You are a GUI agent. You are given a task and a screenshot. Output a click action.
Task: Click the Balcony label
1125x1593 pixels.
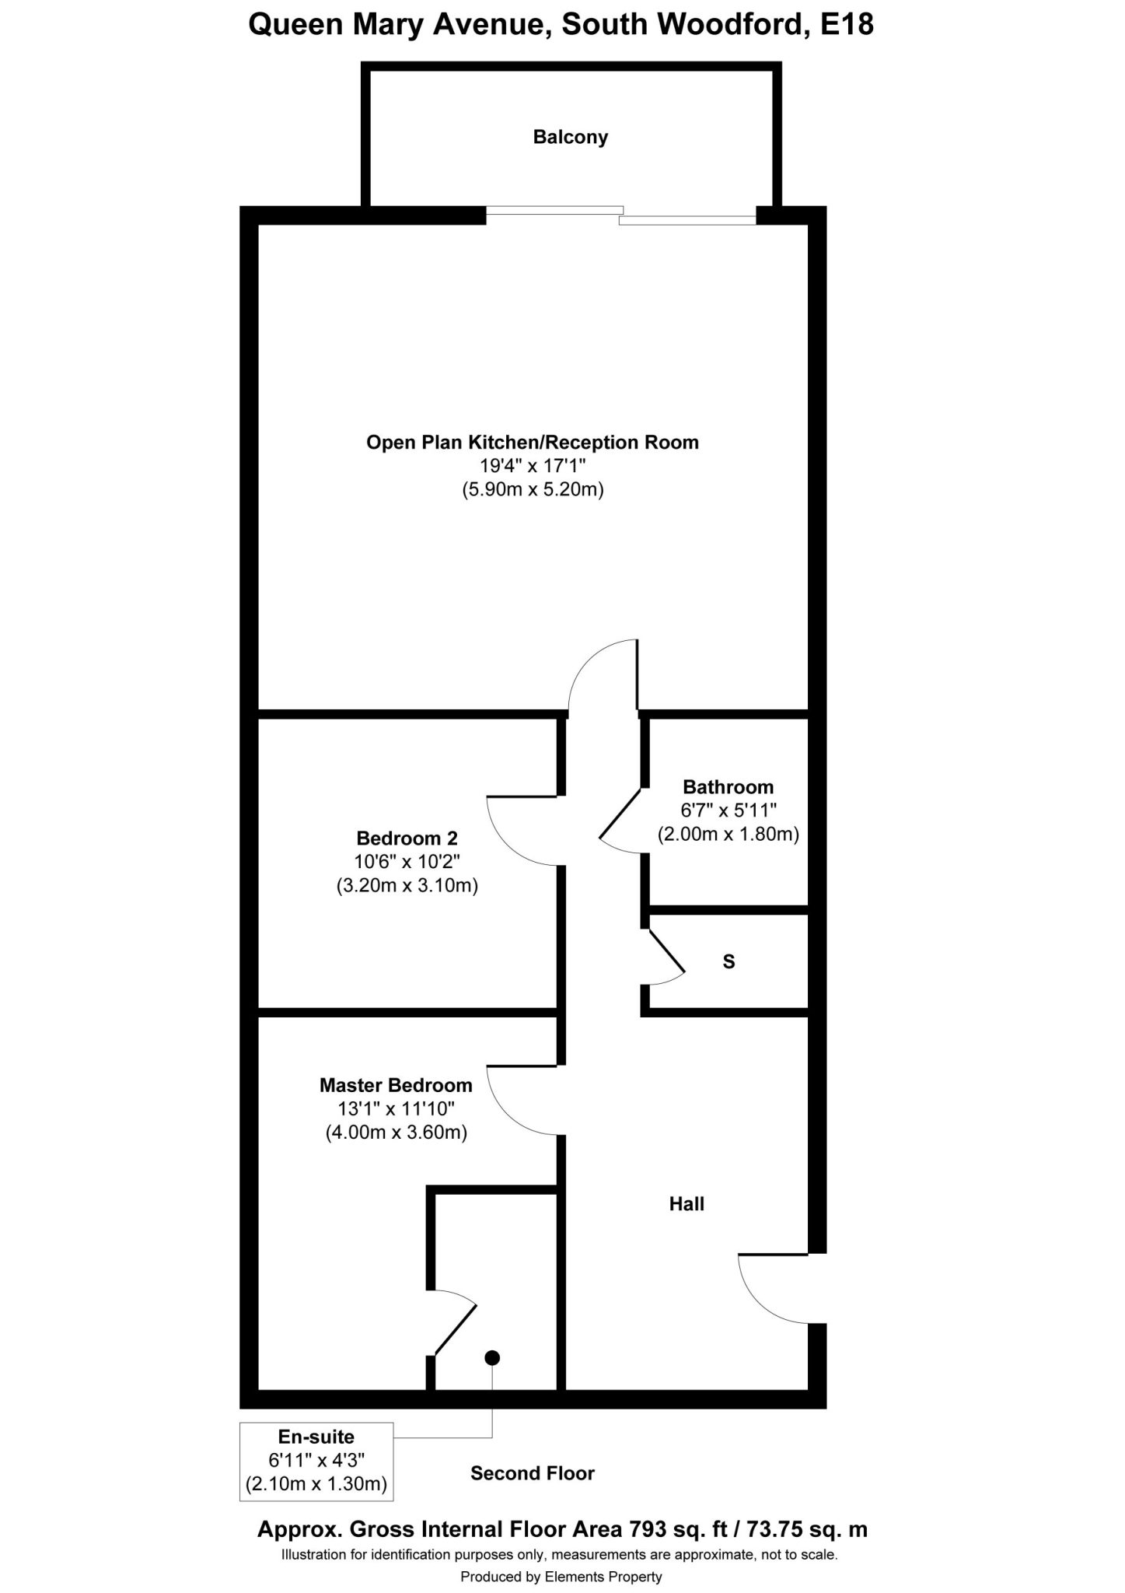[x=570, y=138]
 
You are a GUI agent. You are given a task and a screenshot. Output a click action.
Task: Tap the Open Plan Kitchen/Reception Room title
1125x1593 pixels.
[x=533, y=443]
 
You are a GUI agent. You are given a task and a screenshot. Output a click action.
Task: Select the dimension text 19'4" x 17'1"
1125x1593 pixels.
[x=533, y=466]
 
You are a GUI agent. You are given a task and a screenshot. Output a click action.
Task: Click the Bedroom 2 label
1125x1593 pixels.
[x=407, y=839]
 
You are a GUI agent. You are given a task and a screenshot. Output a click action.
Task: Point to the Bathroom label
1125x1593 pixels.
[x=728, y=786]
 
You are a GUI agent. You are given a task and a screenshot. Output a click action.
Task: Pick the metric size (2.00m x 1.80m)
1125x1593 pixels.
[x=728, y=835]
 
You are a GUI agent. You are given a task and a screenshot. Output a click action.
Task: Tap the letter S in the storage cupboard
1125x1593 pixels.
[x=728, y=962]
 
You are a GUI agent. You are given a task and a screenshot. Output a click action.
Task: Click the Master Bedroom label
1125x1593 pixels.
[x=396, y=1085]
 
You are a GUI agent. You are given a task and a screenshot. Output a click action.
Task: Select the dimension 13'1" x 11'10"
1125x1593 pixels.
[x=396, y=1108]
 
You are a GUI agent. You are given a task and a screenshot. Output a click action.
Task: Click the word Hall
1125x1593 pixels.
[x=687, y=1204]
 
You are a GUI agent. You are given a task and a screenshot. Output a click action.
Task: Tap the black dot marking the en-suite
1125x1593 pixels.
[x=492, y=1358]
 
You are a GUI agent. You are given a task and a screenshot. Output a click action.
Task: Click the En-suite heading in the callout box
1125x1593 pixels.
[x=316, y=1437]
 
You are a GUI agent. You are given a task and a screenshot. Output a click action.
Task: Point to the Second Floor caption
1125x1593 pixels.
[x=533, y=1473]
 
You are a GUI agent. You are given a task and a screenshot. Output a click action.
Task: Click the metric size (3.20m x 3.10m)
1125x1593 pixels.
[x=407, y=886]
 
